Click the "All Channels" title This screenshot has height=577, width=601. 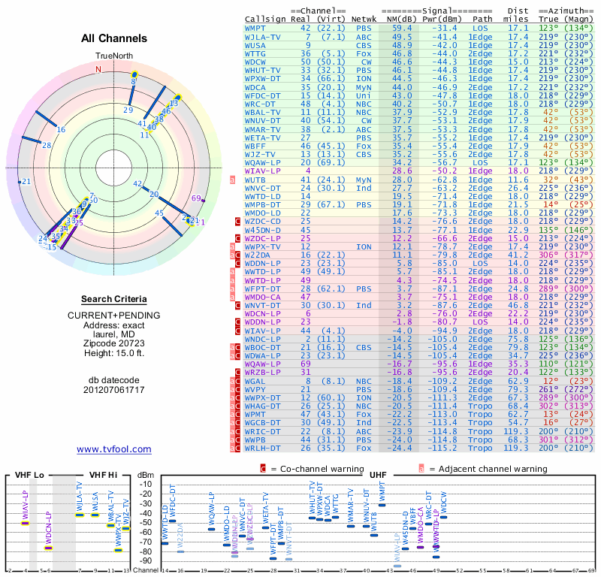tap(114, 38)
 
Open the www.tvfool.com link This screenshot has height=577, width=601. tap(114, 449)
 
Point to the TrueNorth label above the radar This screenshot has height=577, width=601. tap(114, 56)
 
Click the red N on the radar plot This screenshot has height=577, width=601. tap(98, 69)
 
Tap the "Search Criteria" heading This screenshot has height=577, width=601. tap(114, 298)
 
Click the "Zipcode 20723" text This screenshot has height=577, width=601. tap(114, 342)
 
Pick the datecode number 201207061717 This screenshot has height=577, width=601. tap(114, 390)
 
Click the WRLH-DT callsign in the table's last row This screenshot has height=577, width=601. tap(264, 449)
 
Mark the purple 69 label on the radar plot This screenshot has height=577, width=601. tap(197, 198)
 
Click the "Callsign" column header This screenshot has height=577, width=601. tap(265, 19)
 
